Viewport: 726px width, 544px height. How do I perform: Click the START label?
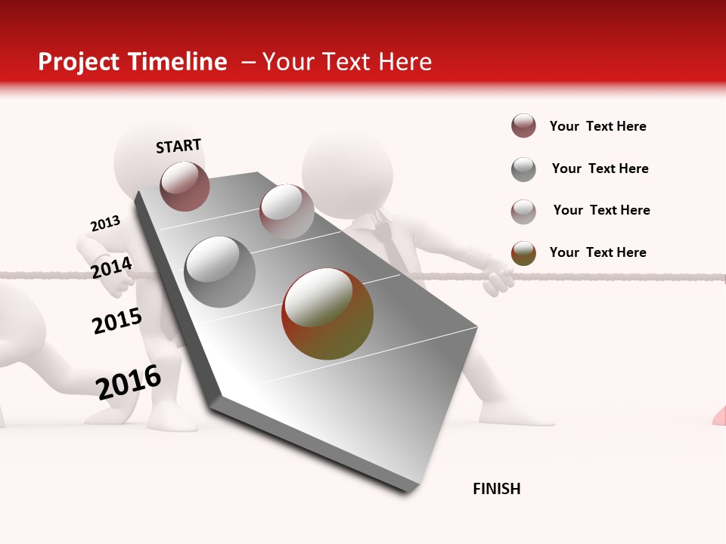pyautogui.click(x=178, y=145)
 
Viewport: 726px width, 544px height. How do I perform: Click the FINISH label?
pyautogui.click(x=496, y=489)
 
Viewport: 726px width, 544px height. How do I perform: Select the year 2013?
pyautogui.click(x=105, y=224)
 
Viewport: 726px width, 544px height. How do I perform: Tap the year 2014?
pyautogui.click(x=111, y=267)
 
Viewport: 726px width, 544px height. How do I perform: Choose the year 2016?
pyautogui.click(x=129, y=382)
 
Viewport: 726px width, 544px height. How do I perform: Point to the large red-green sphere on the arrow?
pyautogui.click(x=327, y=314)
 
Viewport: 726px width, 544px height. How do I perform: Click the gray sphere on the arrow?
pyautogui.click(x=220, y=271)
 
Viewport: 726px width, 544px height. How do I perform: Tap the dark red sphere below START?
pyautogui.click(x=185, y=186)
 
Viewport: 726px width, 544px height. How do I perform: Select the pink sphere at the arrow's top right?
pyautogui.click(x=287, y=212)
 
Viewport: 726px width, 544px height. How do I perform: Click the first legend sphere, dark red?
pyautogui.click(x=523, y=126)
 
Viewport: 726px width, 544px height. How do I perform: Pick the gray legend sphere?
pyautogui.click(x=523, y=169)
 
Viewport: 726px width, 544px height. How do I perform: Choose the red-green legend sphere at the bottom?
pyautogui.click(x=523, y=253)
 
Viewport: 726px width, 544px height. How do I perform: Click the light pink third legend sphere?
pyautogui.click(x=523, y=211)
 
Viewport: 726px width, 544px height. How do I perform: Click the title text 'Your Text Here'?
pyautogui.click(x=347, y=62)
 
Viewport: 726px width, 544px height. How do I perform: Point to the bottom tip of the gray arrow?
pyautogui.click(x=408, y=491)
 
